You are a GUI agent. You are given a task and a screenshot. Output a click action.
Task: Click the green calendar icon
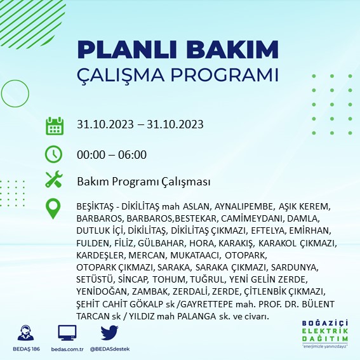[x=54, y=125]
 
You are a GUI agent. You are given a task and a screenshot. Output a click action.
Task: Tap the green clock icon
[x=54, y=154]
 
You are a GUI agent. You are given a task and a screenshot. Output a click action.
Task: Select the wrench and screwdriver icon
[x=54, y=181]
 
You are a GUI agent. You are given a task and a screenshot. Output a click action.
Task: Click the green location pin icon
[x=54, y=209]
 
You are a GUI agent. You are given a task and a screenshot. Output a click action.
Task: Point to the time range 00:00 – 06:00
[x=112, y=154]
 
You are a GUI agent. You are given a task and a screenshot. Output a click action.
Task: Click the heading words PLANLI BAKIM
[x=177, y=50]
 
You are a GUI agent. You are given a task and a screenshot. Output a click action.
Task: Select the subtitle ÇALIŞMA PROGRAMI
[x=177, y=74]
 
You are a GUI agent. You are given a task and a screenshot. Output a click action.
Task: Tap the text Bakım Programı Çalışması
[x=143, y=182]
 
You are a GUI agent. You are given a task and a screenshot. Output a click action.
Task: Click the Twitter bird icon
[x=109, y=333]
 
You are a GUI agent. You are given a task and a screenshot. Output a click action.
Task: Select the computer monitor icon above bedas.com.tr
[x=67, y=333]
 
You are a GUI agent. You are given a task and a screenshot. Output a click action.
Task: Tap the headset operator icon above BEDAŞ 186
[x=27, y=333]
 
